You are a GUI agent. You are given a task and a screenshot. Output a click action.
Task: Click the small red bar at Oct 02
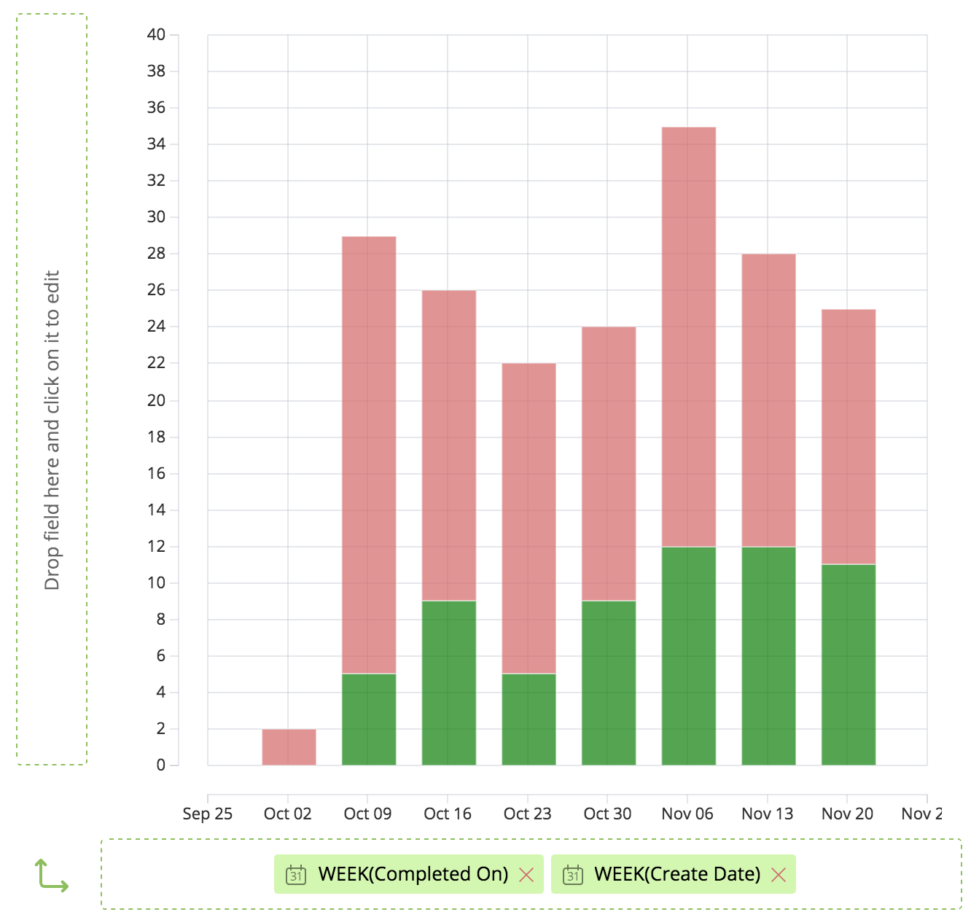click(289, 746)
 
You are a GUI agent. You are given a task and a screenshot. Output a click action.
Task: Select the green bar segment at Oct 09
click(369, 719)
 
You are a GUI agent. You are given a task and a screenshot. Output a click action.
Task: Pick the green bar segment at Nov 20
click(848, 664)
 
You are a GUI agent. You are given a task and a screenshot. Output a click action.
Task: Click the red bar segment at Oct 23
click(529, 518)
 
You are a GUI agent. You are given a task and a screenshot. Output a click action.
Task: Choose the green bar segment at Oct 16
click(448, 682)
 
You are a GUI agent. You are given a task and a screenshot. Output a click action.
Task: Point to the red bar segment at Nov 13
click(768, 399)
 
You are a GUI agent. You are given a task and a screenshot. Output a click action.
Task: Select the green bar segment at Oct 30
click(609, 682)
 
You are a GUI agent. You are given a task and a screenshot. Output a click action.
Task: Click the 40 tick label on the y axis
click(156, 34)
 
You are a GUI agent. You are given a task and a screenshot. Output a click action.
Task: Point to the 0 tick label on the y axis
click(160, 765)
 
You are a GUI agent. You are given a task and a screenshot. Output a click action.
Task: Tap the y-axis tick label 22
click(156, 363)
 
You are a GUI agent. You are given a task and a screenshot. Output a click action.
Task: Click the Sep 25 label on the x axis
click(208, 814)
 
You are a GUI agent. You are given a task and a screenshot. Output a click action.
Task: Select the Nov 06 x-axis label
click(687, 814)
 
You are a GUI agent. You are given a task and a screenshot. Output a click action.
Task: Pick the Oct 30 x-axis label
click(607, 814)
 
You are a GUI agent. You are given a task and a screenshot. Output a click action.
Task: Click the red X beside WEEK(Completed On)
click(526, 875)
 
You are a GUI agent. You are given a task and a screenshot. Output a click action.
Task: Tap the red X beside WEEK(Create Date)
click(779, 875)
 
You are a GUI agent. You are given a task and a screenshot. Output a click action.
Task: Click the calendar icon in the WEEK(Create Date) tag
click(573, 875)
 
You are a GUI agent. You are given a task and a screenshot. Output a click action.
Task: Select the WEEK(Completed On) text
click(413, 874)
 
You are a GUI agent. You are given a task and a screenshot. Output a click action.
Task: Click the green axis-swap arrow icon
click(51, 875)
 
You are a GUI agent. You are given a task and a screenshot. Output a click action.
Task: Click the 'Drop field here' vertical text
click(52, 430)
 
